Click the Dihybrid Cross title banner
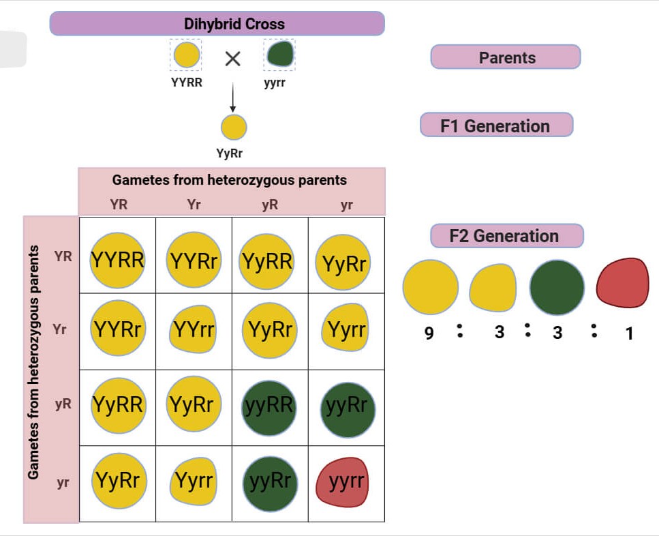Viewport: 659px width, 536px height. coord(217,24)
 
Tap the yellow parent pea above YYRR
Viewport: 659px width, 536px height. coord(186,55)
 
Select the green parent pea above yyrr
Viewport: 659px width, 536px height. coord(280,55)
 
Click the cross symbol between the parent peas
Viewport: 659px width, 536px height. coord(233,59)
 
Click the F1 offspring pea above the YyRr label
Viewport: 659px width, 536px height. coord(233,128)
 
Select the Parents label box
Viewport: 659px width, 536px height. coord(506,57)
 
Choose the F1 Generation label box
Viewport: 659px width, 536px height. coord(496,125)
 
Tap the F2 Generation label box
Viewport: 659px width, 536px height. coord(506,236)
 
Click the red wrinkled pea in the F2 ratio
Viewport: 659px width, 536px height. coord(622,283)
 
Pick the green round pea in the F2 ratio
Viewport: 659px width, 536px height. coord(557,287)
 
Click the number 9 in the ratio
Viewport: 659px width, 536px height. coord(429,334)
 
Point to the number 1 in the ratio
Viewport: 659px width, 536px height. coord(629,334)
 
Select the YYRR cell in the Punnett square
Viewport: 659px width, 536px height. coord(118,260)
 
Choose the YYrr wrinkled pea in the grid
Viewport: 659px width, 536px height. coord(194,331)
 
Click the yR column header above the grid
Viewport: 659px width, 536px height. coord(270,204)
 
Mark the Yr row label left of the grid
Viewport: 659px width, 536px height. coord(60,330)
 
